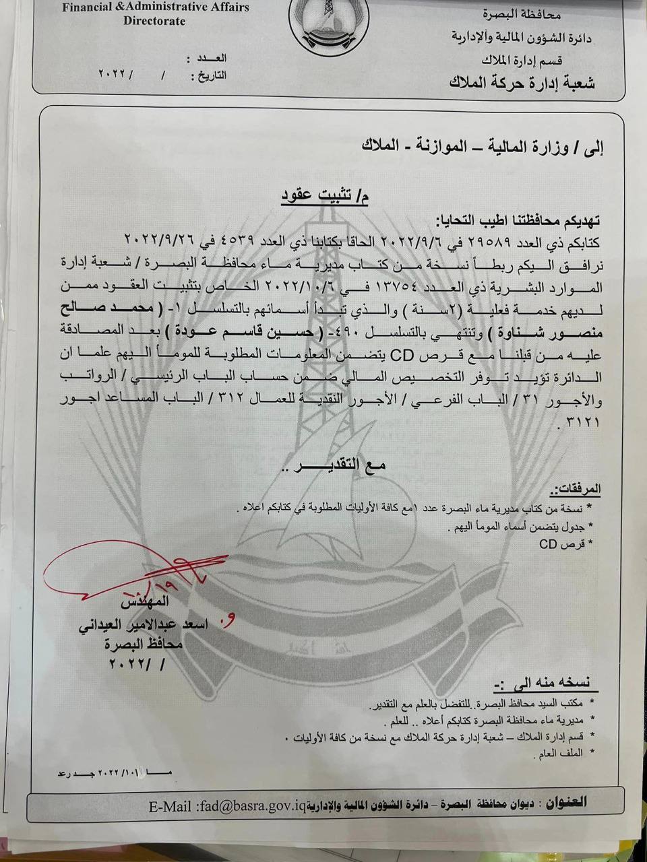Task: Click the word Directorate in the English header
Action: coord(154,21)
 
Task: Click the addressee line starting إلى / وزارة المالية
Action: coord(482,147)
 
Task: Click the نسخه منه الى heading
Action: coord(551,684)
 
